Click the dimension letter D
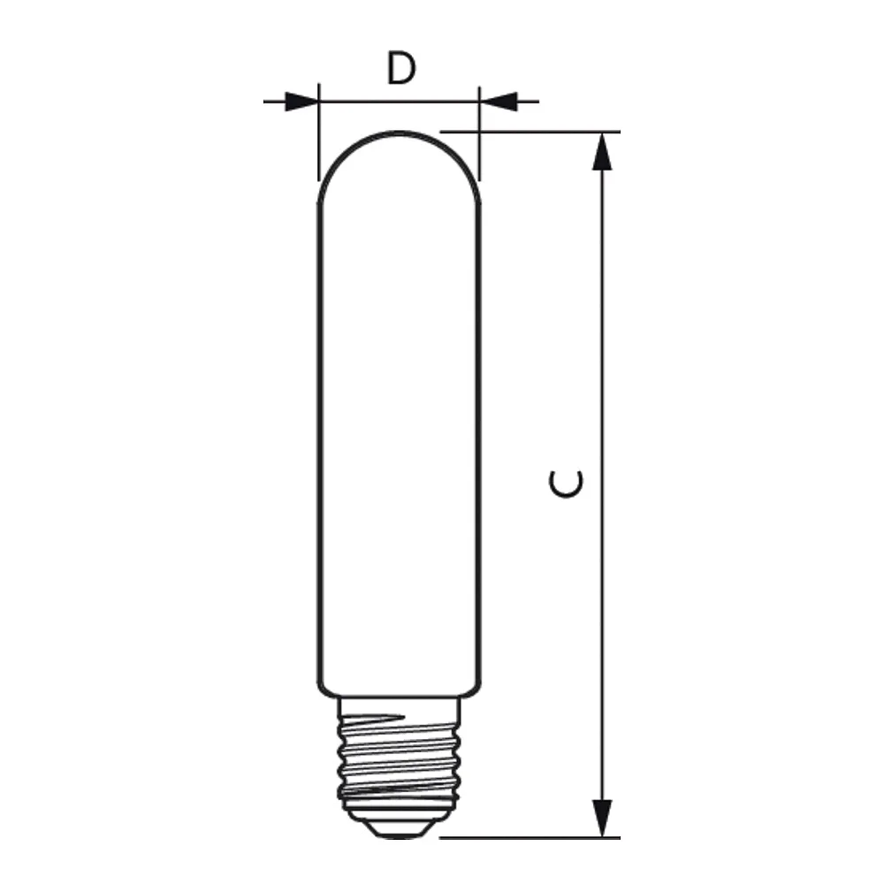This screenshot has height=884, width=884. click(400, 68)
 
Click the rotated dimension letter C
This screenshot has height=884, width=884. click(566, 484)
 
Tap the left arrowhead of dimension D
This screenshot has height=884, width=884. click(301, 102)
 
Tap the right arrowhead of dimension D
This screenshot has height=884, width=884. click(498, 102)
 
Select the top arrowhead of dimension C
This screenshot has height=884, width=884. click(602, 151)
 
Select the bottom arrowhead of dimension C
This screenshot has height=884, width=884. click(602, 818)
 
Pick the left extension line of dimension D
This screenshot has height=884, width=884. click(319, 132)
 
